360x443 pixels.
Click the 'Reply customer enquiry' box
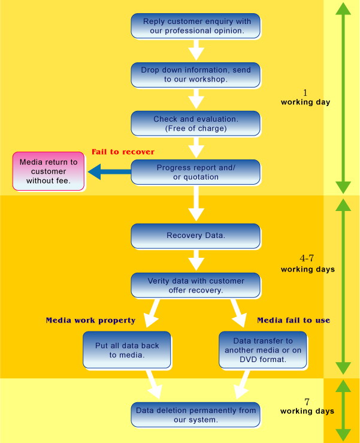click(x=196, y=26)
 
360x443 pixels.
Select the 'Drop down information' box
click(x=196, y=75)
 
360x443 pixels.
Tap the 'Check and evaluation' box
click(x=196, y=123)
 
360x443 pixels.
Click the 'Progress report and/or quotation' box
click(x=196, y=172)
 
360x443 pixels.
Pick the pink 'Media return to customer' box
click(x=49, y=171)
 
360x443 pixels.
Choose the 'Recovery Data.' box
click(x=196, y=236)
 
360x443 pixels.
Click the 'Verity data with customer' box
click(x=196, y=285)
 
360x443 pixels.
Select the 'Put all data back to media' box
click(x=127, y=349)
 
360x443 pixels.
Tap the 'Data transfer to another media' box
click(x=263, y=349)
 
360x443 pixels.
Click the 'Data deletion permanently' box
click(x=196, y=415)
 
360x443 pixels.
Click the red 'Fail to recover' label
click(x=123, y=152)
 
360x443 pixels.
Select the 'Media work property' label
click(x=90, y=320)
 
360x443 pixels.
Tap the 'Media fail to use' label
click(x=294, y=320)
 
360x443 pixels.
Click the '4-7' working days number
click(x=307, y=258)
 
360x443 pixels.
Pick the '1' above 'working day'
click(x=305, y=92)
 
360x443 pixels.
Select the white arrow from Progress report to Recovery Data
click(x=196, y=204)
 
